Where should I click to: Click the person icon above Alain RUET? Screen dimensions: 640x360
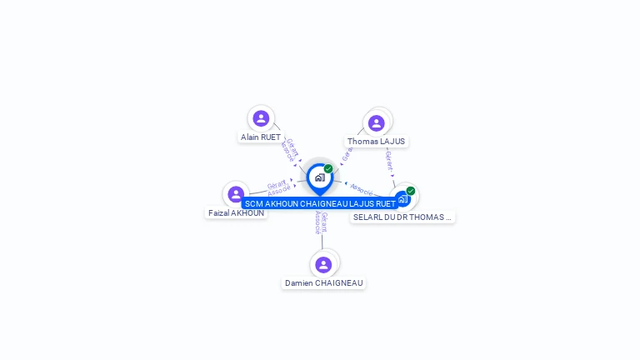(x=261, y=118)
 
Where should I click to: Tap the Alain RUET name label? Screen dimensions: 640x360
(x=261, y=137)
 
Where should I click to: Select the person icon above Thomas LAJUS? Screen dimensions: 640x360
(x=376, y=123)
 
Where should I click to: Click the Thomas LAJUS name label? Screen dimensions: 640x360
(x=376, y=142)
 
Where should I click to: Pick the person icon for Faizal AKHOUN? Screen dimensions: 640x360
(x=237, y=194)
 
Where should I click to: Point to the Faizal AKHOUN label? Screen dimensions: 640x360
(x=237, y=213)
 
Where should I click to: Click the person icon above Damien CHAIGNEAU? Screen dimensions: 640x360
(x=323, y=264)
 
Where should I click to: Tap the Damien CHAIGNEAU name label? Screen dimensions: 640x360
(x=324, y=283)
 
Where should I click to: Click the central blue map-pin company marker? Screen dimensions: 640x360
(x=319, y=177)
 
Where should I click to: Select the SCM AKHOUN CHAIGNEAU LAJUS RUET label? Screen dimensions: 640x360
(x=320, y=203)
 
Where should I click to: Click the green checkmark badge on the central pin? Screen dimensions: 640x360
(x=328, y=168)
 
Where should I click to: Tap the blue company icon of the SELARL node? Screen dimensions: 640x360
(x=402, y=199)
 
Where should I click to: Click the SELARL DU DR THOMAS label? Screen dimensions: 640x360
(x=402, y=217)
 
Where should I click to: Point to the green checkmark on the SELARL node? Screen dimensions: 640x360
(x=411, y=191)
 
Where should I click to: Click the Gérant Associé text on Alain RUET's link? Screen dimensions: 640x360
(x=288, y=148)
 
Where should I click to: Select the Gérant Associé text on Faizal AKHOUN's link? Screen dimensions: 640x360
(x=278, y=187)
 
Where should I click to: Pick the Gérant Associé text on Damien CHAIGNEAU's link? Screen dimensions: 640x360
(x=321, y=223)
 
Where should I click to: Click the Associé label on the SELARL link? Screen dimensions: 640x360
(x=362, y=189)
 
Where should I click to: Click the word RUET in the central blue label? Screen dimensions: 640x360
(x=385, y=203)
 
